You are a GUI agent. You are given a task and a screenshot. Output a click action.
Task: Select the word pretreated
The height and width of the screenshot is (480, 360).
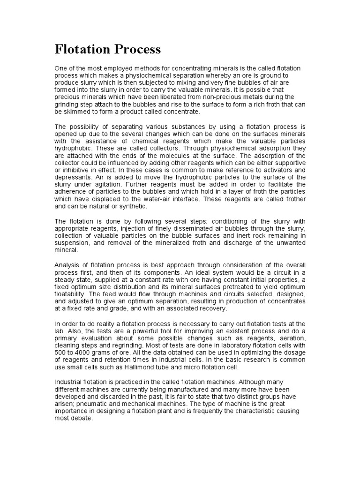pos(243,287)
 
